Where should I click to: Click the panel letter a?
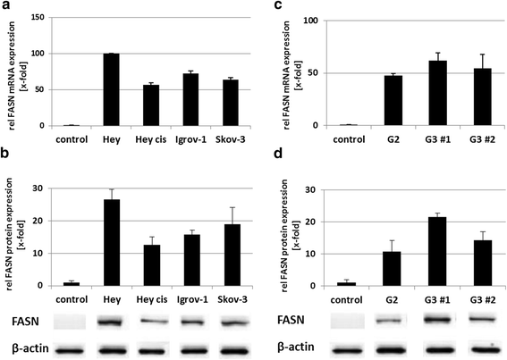pos(6,8)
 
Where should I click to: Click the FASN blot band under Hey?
pos(112,320)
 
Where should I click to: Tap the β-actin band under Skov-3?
pos(231,347)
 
